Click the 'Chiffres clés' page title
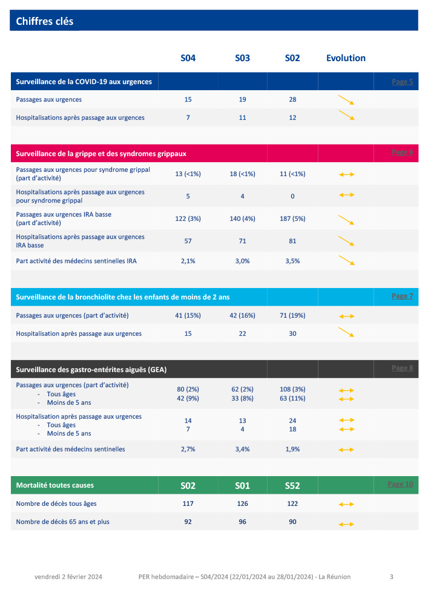coord(45,21)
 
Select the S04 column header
coord(188,58)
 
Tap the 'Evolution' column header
coord(346,58)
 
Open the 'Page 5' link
coord(402,82)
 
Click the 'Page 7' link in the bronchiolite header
coord(402,296)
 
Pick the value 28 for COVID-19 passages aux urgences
coord(292,99)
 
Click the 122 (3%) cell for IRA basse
coord(188,219)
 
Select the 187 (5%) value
coord(292,219)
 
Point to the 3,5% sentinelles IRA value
coord(292,261)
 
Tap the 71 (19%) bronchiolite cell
coord(292,315)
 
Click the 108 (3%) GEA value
coord(292,390)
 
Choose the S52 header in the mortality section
coord(292,485)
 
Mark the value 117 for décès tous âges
coord(188,503)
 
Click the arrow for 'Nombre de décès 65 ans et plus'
coord(346,524)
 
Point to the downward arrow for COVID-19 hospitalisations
coord(346,116)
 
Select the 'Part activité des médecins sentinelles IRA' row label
coord(76,261)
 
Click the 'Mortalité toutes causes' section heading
coord(54,485)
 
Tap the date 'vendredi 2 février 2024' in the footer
coord(68,577)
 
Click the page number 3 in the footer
coord(392,577)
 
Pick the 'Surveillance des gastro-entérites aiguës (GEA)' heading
coord(91,368)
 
